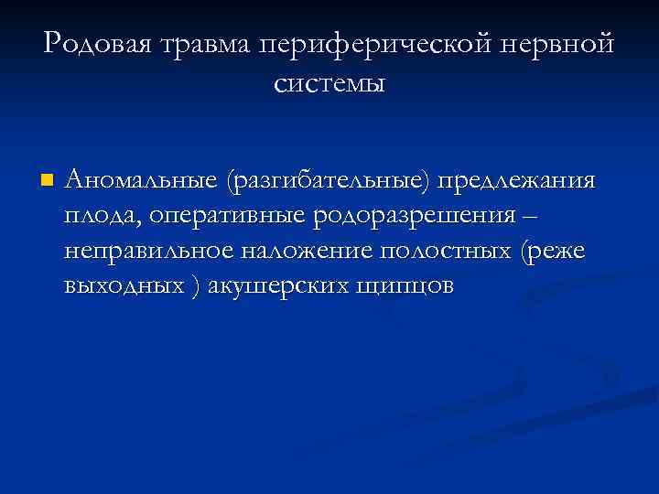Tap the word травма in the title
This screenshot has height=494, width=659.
201,44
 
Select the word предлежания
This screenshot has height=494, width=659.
517,180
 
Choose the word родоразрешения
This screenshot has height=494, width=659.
416,216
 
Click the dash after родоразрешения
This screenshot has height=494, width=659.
535,216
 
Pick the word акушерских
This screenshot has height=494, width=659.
275,285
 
